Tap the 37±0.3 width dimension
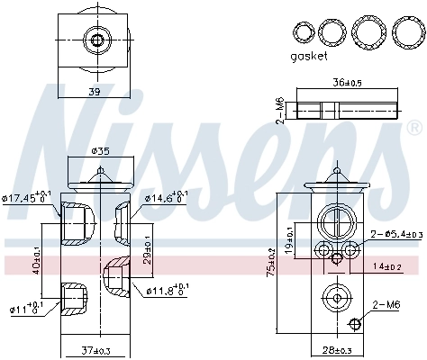click(96, 349)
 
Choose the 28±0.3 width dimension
click(334, 349)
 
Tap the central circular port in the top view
click(95, 39)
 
